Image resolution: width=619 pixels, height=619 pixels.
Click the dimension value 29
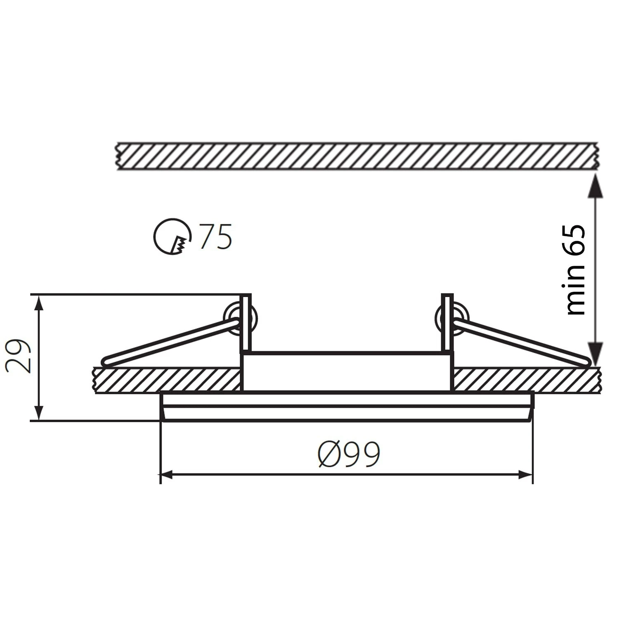tap(19, 356)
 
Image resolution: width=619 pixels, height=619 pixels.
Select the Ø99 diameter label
tap(349, 454)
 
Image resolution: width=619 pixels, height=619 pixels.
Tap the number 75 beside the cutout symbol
tap(215, 236)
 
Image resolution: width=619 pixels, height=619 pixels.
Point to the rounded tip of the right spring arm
tap(585, 362)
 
